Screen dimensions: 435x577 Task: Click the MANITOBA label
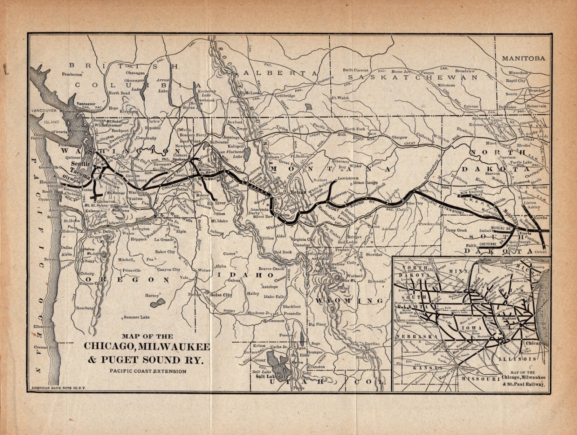[x=524, y=58]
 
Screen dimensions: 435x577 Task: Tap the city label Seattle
[x=80, y=163]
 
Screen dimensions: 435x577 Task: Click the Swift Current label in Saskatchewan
[x=356, y=70]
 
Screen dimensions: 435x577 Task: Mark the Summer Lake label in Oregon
[x=137, y=317]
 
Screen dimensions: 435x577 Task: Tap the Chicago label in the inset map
[x=534, y=343]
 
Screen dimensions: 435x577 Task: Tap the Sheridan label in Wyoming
[x=374, y=254]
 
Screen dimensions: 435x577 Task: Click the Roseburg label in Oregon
[x=85, y=308]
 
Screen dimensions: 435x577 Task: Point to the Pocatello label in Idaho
[x=291, y=314]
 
